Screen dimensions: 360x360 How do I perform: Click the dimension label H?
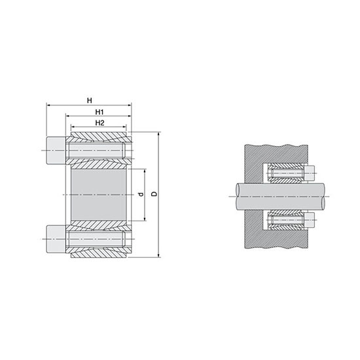pyautogui.click(x=89, y=99)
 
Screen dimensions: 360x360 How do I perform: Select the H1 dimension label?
pyautogui.click(x=99, y=112)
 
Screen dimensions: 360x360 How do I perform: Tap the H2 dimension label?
pyautogui.click(x=99, y=122)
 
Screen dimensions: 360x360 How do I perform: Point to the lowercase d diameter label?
pyautogui.click(x=139, y=195)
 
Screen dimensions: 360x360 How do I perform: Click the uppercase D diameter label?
pyautogui.click(x=153, y=194)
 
